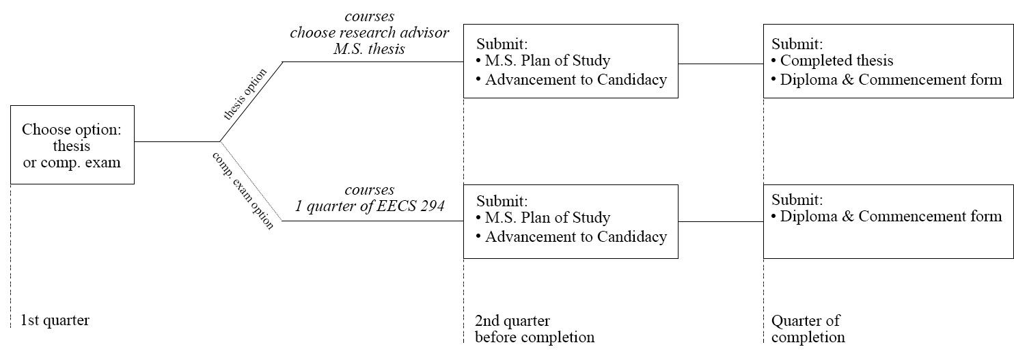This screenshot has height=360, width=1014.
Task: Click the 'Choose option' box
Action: tap(72, 145)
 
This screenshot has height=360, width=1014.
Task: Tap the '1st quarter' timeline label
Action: tap(55, 320)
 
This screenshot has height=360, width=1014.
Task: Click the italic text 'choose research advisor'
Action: tap(370, 33)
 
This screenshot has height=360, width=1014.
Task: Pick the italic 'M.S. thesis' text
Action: tap(370, 49)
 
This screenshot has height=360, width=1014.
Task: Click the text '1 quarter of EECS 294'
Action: tap(370, 206)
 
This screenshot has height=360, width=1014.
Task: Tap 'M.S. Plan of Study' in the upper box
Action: tap(547, 61)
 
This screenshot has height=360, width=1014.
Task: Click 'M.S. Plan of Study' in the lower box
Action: tap(547, 218)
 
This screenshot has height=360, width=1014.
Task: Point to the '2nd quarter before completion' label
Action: tap(534, 329)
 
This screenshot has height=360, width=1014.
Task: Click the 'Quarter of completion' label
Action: tap(807, 329)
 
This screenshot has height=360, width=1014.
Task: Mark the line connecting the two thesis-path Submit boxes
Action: tap(720, 64)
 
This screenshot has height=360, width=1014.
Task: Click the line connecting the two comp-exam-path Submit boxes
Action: tap(720, 222)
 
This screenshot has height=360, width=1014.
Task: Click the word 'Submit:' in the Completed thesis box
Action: tap(797, 44)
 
